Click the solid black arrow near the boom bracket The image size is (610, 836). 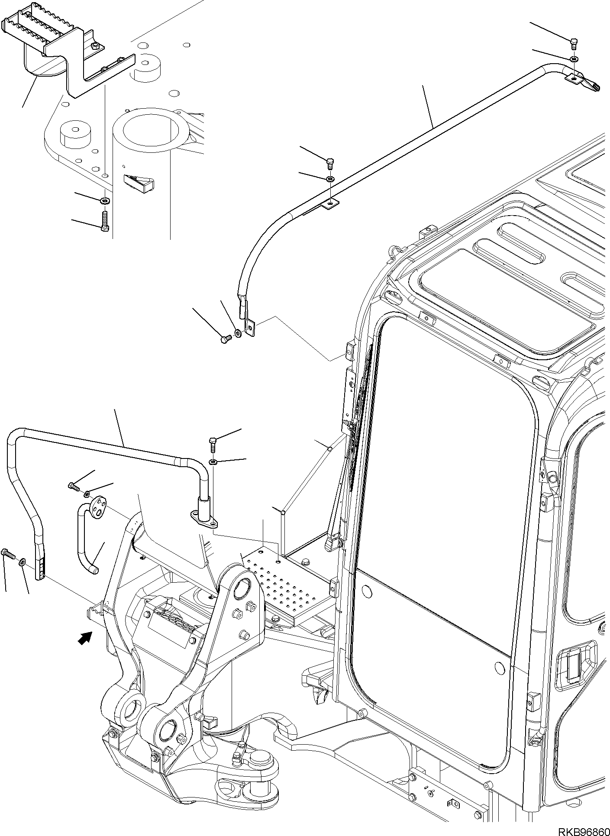pos(86,638)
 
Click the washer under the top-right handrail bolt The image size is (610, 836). pos(573,58)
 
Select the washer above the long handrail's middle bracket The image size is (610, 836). pos(330,178)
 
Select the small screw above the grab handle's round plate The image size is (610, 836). pos(73,487)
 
